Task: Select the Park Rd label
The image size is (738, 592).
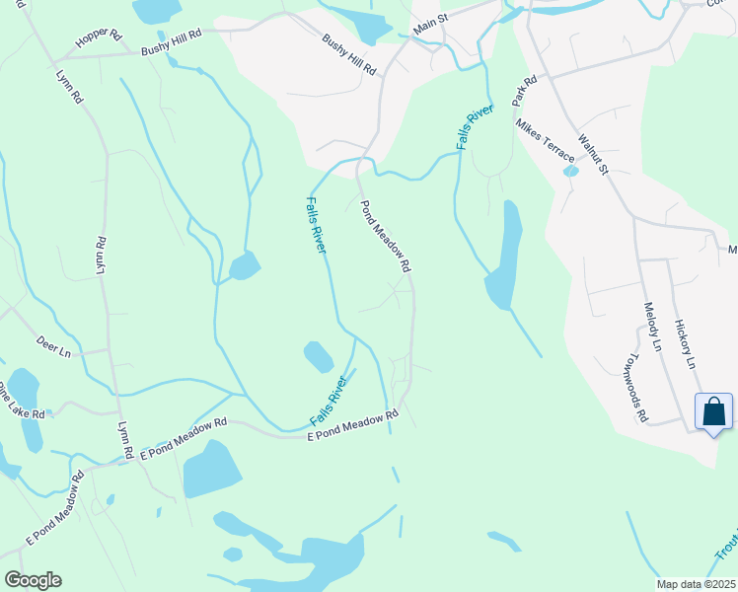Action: click(x=524, y=92)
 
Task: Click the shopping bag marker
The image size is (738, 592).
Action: click(x=713, y=411)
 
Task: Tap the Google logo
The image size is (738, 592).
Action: click(x=33, y=580)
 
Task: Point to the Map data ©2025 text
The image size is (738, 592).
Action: click(x=697, y=583)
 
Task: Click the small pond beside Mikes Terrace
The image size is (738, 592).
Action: click(x=570, y=171)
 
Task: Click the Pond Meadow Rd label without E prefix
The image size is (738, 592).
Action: click(x=384, y=237)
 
